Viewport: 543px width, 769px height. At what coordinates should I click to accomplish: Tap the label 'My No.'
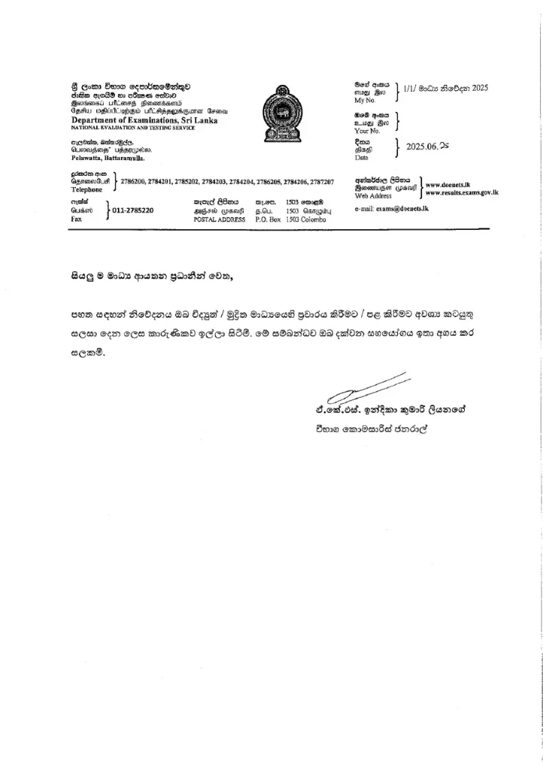364,101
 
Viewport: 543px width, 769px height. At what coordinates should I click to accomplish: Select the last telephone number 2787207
320,182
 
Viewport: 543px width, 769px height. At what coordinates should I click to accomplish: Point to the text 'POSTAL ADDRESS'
215,219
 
